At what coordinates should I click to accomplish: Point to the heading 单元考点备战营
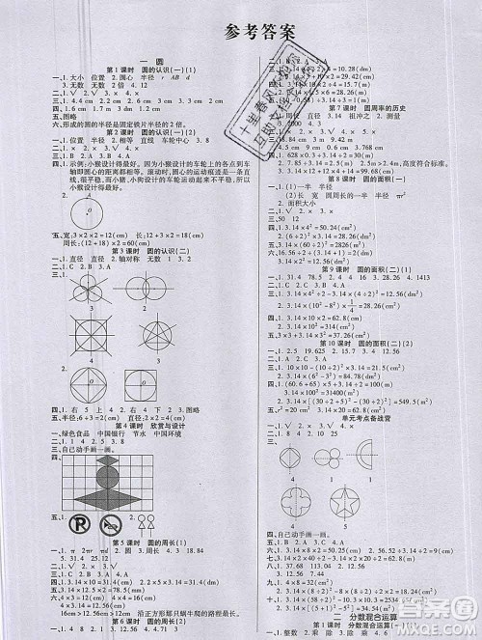pos(365,404)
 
